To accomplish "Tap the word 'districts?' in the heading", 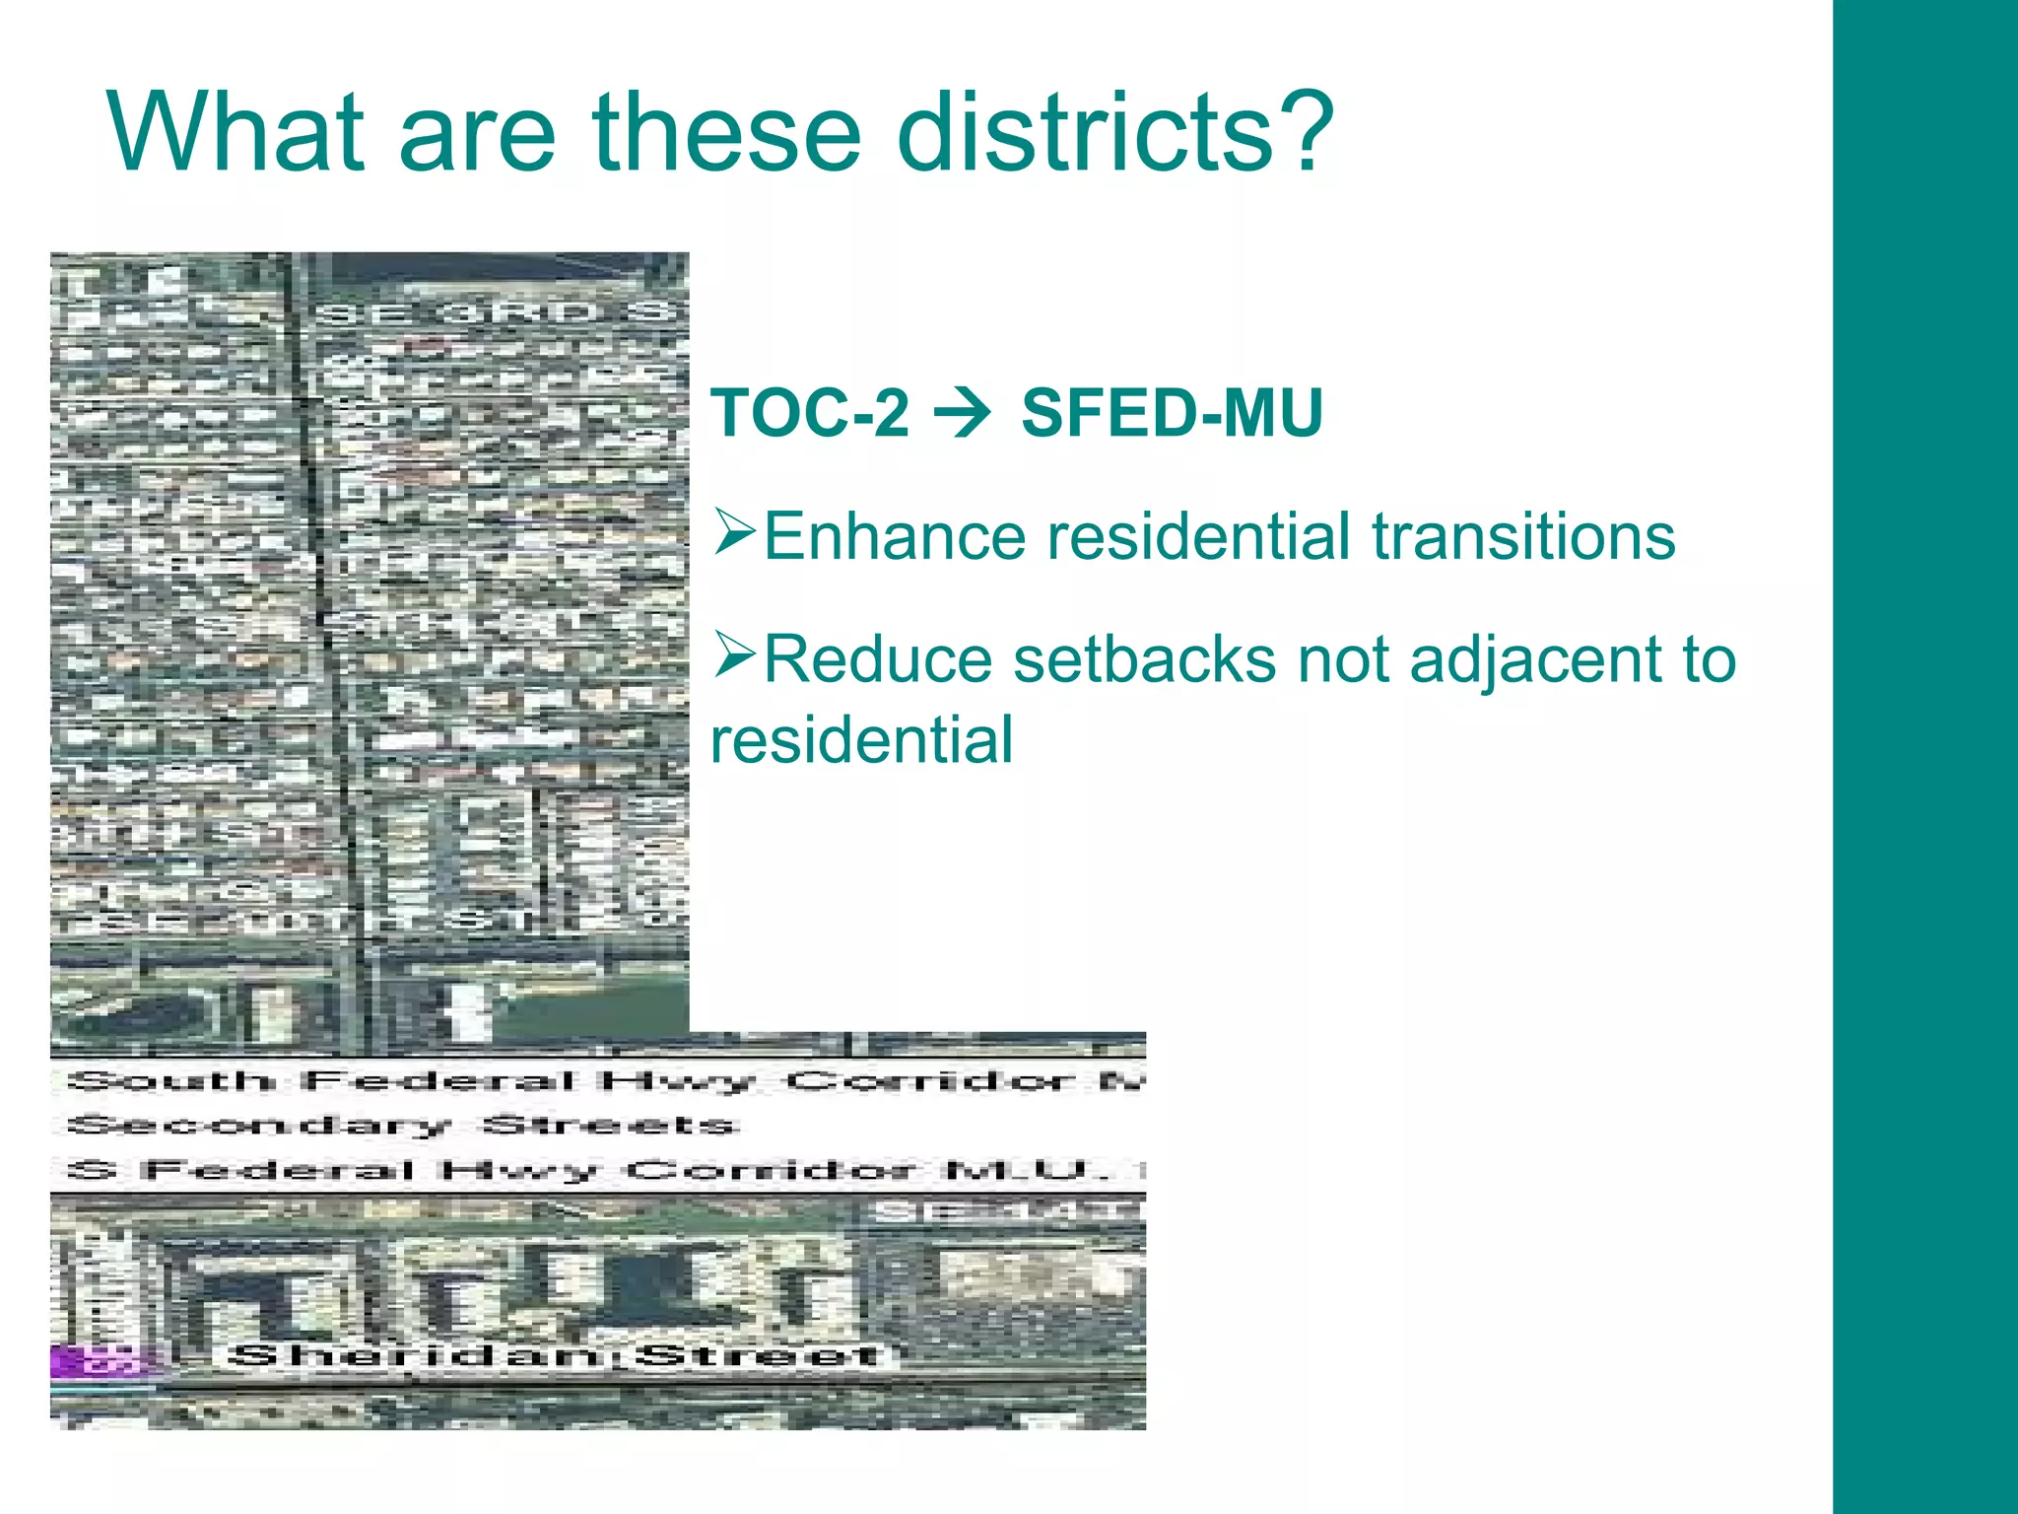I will point(1114,132).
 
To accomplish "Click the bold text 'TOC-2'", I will point(810,413).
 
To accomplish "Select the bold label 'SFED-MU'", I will point(1172,413).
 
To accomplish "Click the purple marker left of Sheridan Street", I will point(94,1360).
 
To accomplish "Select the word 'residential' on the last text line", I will point(861,740).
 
